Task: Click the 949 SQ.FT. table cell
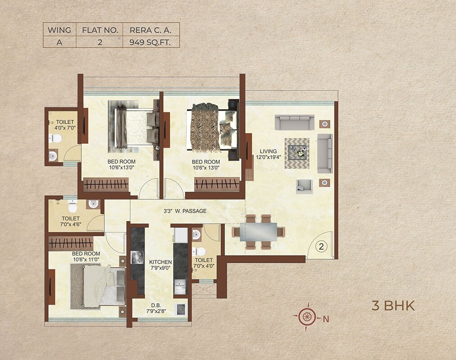click(151, 42)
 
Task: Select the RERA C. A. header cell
click(151, 30)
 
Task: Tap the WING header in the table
click(59, 30)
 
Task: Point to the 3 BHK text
click(393, 306)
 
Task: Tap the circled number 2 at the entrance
click(321, 246)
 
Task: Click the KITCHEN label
click(161, 265)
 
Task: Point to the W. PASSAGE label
click(185, 211)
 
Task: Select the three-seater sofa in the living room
click(294, 122)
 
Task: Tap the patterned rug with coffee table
click(297, 153)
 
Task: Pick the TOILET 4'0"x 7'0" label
click(65, 125)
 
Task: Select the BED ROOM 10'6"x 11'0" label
click(86, 256)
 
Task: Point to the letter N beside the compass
click(326, 319)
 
